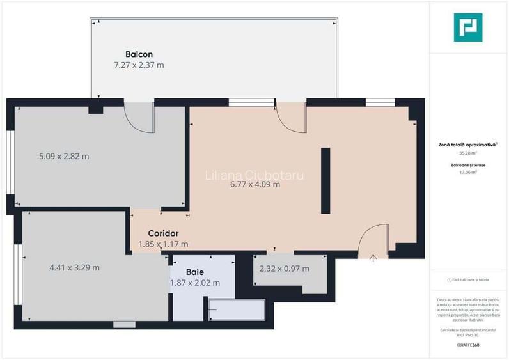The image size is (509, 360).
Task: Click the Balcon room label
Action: (x=139, y=54)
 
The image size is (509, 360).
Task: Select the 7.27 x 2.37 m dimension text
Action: (x=139, y=65)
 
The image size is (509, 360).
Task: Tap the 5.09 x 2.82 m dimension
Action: (x=63, y=156)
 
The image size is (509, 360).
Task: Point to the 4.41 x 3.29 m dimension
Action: (x=74, y=268)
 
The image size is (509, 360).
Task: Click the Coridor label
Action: (x=163, y=233)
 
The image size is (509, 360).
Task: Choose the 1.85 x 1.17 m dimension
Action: (x=163, y=244)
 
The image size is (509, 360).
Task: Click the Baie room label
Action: (x=195, y=272)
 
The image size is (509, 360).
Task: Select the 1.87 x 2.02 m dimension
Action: (x=195, y=283)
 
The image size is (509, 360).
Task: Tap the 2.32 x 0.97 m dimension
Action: (x=284, y=269)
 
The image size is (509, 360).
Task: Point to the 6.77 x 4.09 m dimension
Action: (x=255, y=185)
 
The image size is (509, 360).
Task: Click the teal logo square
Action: (x=467, y=27)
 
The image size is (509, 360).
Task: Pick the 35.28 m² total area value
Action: (x=468, y=153)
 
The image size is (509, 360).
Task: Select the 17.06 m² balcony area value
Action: (x=468, y=172)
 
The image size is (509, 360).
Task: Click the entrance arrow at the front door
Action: (x=373, y=258)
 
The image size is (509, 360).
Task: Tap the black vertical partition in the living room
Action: (x=325, y=181)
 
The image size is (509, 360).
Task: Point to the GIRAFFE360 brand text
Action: (x=467, y=345)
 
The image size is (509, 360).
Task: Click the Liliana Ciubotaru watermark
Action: (x=254, y=175)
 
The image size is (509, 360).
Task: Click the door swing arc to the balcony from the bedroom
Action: (x=137, y=118)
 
